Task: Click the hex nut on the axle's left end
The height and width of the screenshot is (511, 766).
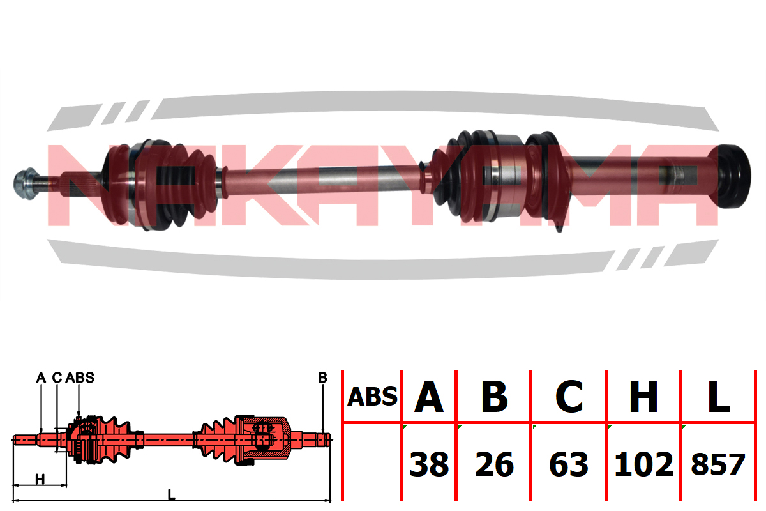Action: tap(26, 183)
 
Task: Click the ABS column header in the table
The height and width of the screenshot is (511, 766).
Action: tap(372, 397)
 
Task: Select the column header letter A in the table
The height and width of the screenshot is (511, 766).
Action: tap(429, 397)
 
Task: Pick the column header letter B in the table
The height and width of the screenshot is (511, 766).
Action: tap(494, 397)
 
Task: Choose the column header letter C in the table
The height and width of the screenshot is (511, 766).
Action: tap(569, 397)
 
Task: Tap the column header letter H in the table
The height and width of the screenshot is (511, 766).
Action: tap(643, 397)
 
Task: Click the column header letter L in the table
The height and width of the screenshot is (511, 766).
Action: tap(719, 397)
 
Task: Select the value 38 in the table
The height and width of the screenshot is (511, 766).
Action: tap(429, 464)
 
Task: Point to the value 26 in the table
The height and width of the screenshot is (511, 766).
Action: tap(495, 464)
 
